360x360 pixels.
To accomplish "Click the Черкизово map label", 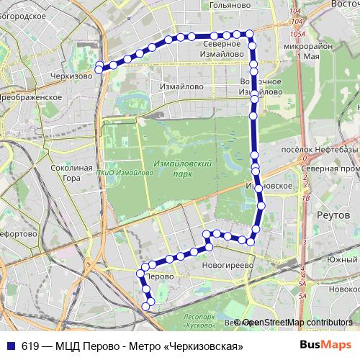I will tap(71, 75).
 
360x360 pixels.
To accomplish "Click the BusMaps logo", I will tap(325, 345).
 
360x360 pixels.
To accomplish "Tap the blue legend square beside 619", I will tap(12, 345).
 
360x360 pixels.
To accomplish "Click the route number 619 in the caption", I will tap(30, 345).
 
